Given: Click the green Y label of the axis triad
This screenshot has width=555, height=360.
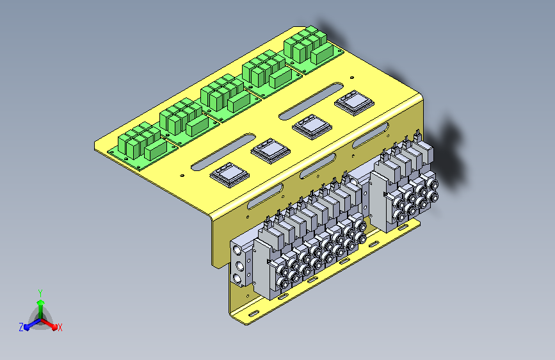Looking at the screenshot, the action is pos(40,293).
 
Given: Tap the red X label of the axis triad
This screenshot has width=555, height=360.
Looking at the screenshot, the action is pos(60,328).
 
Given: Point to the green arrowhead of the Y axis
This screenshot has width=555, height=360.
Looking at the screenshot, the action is pos(41,302).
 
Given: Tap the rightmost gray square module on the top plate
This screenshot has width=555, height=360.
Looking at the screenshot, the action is pos(354,102).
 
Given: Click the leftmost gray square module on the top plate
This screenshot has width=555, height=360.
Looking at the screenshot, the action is pos(230,175).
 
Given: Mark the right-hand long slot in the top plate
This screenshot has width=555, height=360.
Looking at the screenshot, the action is pos(311,101).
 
